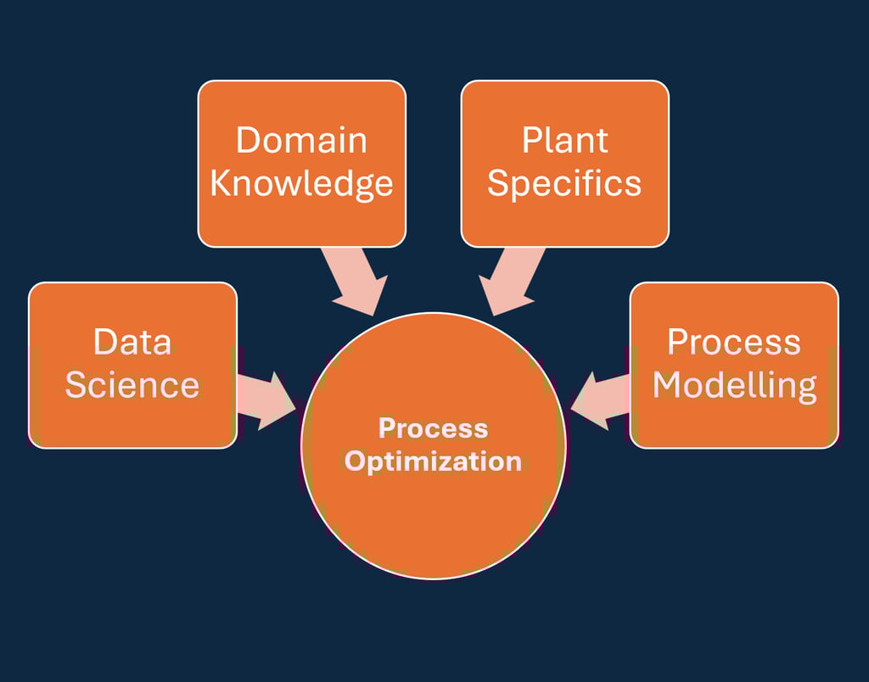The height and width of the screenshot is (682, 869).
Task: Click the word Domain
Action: point(301,140)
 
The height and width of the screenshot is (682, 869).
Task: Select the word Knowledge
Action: point(301,183)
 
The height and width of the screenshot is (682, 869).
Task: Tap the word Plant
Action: point(564,140)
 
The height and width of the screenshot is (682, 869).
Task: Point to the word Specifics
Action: point(564,183)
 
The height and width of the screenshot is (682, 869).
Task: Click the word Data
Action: point(132,342)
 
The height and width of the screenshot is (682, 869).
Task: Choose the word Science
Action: point(132,385)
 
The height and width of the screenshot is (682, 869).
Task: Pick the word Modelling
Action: point(734,385)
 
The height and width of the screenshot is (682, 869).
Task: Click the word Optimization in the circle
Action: point(433,461)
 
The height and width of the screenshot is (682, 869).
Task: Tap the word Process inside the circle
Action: point(433,428)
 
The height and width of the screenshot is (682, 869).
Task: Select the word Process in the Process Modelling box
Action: point(734,342)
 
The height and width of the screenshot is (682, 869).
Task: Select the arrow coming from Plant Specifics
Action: point(509,280)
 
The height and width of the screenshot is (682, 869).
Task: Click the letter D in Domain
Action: point(247,140)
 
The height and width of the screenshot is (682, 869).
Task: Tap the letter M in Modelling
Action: point(670,385)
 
